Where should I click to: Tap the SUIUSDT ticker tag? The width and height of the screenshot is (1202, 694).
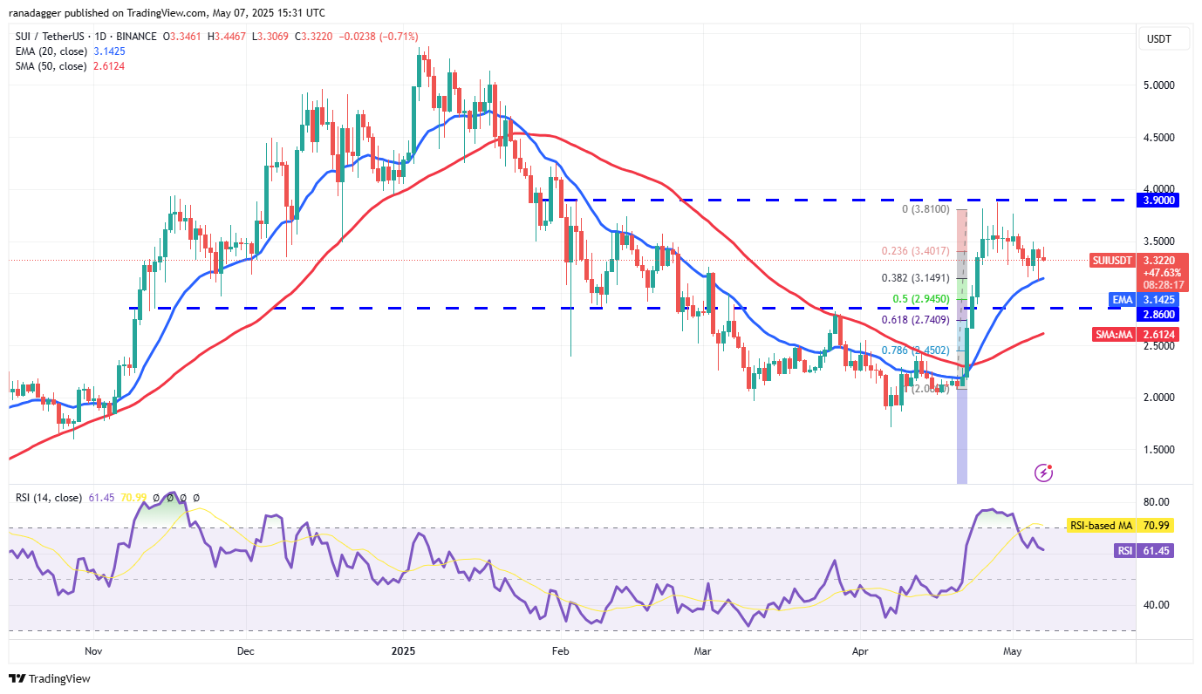tap(1113, 260)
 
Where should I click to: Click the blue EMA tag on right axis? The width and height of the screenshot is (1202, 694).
tap(1122, 299)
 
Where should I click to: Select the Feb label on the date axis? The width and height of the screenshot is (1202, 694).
tap(561, 650)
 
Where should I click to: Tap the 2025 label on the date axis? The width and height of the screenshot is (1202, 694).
tap(404, 650)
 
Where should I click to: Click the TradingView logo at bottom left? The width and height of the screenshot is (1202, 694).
tap(50, 678)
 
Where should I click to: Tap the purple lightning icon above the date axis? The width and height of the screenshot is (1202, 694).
tap(1043, 473)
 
